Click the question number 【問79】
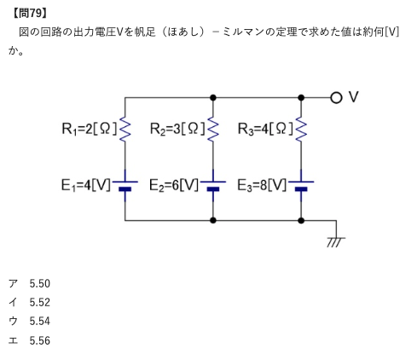[30, 14]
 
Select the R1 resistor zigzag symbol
[125, 129]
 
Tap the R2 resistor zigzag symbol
[213, 129]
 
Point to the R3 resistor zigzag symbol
[301, 129]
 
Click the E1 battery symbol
[125, 185]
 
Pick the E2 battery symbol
[213, 185]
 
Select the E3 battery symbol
[301, 185]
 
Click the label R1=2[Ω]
[90, 129]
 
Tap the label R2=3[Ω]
[177, 129]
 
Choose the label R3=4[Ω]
[265, 129]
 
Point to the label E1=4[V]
[86, 185]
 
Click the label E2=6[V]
[174, 185]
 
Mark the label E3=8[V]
[262, 185]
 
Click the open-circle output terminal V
[336, 98]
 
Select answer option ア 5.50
[29, 283]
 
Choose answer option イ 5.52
[29, 302]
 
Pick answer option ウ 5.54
[29, 322]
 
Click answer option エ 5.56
[29, 340]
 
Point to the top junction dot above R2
[213, 98]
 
